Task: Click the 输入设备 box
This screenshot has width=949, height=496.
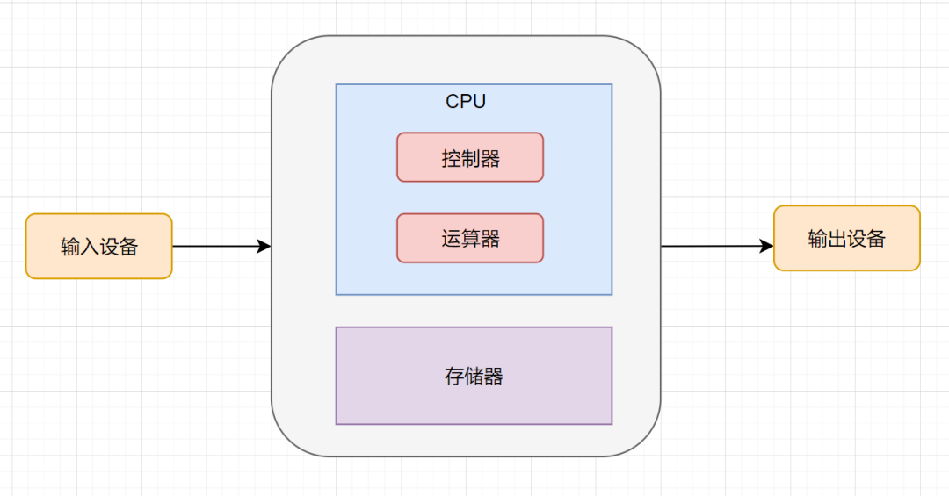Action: (98, 247)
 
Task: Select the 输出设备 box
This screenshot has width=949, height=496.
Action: (846, 238)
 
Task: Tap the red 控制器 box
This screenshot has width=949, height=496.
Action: (470, 158)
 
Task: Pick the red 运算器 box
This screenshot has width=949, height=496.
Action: (470, 238)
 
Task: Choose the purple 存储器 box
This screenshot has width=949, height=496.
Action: (474, 376)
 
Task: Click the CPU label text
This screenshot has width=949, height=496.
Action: (466, 102)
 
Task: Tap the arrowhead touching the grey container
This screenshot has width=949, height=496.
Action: (264, 247)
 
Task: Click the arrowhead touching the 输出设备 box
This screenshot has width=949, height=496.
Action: (766, 247)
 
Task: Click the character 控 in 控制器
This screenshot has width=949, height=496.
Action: (451, 159)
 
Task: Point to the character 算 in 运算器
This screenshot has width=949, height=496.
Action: (471, 239)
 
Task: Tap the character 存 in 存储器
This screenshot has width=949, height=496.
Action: (454, 377)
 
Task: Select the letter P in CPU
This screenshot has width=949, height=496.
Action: (467, 102)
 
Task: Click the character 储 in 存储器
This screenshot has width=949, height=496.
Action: (474, 377)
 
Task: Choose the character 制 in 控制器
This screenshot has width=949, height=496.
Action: (471, 159)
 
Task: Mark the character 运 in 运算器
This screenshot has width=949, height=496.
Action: (451, 239)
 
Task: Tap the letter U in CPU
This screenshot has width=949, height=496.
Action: (479, 102)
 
